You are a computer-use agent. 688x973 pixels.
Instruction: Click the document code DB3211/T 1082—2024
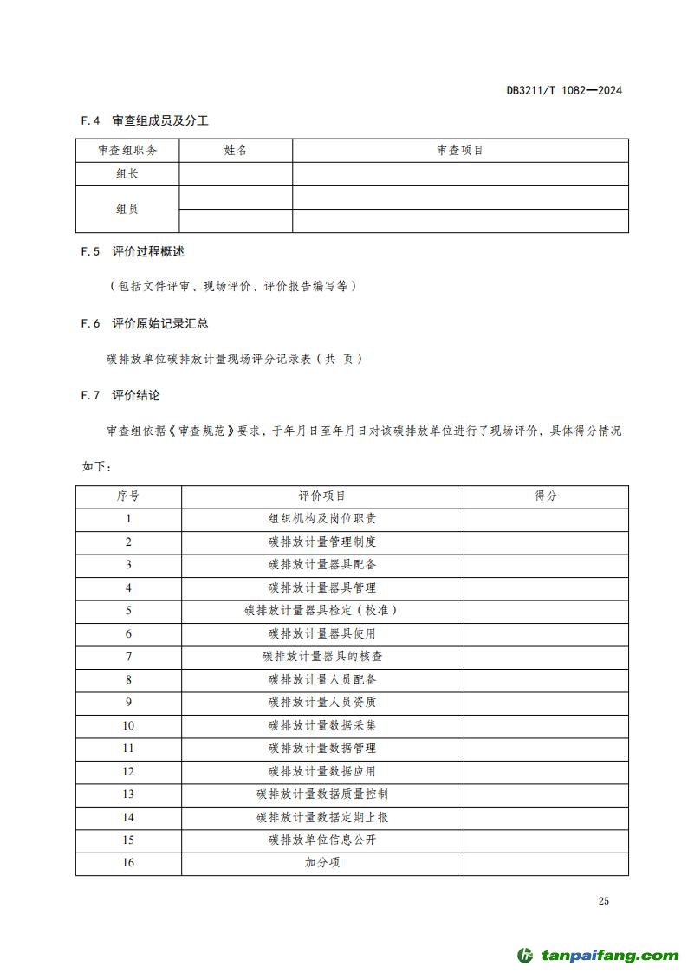point(564,90)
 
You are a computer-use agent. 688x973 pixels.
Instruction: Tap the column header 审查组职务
point(127,151)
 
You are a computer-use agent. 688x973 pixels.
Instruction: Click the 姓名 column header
point(236,151)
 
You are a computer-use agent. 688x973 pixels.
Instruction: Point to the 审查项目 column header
point(460,151)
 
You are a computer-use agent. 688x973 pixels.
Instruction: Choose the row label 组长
point(127,174)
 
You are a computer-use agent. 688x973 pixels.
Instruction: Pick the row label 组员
point(127,209)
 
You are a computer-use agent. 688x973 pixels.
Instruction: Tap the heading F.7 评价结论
point(120,395)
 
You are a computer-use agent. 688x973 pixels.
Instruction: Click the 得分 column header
point(546,496)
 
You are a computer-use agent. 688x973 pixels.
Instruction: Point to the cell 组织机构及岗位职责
point(322,519)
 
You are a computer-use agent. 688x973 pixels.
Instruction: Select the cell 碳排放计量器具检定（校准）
point(322,611)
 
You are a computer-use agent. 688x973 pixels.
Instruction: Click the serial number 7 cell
point(128,657)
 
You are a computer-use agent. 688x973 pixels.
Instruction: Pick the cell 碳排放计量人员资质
point(322,703)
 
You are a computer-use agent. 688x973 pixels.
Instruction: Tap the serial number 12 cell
point(128,771)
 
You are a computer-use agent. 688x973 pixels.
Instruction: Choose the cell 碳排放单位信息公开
point(322,840)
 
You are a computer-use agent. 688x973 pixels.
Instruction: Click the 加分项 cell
point(322,863)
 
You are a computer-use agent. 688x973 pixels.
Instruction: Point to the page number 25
point(603,901)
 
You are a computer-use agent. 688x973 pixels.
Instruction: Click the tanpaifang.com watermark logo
point(598,956)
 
